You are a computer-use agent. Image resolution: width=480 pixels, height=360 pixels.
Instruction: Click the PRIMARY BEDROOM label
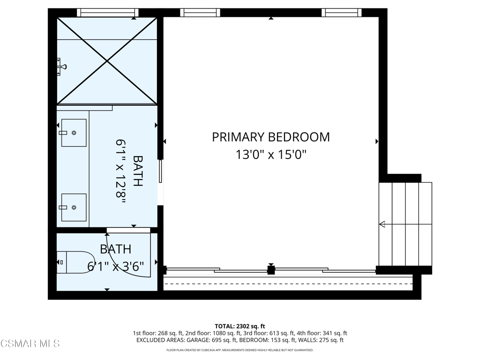coord(271,137)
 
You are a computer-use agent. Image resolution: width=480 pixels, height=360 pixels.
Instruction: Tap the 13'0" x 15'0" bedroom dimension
coord(271,155)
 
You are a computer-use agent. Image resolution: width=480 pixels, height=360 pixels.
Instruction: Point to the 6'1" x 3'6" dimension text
coord(116,267)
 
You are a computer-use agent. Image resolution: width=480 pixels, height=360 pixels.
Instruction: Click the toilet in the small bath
coord(75,262)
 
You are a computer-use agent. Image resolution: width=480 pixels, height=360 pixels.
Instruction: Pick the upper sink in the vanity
coord(74,133)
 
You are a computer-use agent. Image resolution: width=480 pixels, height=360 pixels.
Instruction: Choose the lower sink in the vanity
coord(74,208)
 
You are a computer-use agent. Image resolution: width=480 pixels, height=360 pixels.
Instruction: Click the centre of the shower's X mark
coord(107,61)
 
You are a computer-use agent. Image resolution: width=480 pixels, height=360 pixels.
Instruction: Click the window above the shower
coord(107,13)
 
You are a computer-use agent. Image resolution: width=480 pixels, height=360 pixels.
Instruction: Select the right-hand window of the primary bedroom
coord(341,13)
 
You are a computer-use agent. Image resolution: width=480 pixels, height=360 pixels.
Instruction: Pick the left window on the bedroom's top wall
coord(200,13)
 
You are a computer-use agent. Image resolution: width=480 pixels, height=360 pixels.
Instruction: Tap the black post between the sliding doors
coord(271,270)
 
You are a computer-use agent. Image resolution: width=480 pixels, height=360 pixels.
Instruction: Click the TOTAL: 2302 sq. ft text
coord(240,326)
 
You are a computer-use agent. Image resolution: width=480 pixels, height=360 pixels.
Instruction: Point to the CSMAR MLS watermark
coord(30,344)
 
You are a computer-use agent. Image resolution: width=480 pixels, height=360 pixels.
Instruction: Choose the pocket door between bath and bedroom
coord(160,172)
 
